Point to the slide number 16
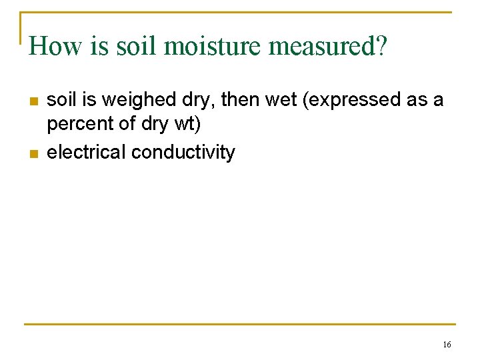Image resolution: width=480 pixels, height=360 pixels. click(447, 345)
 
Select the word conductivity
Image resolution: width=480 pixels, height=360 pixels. click(183, 152)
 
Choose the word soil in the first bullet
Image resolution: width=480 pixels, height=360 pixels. click(61, 100)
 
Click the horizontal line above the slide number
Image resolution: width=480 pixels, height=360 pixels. click(240, 325)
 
